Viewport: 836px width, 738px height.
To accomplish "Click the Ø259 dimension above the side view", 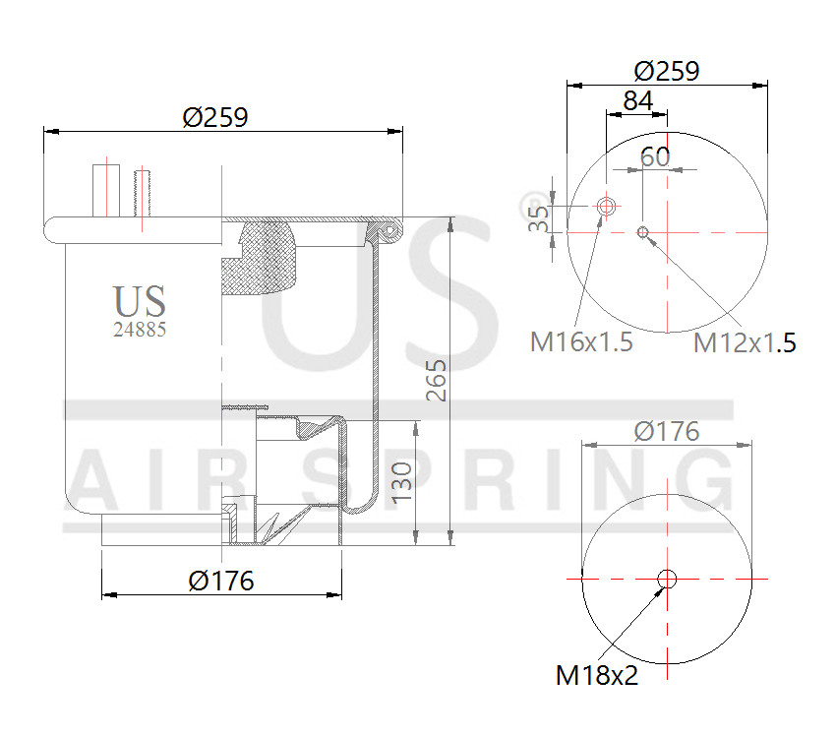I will (215, 116).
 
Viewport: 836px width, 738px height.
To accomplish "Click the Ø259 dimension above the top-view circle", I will (666, 71).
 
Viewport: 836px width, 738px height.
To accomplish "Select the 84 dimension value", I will (637, 100).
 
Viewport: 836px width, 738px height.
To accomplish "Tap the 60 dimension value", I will (655, 156).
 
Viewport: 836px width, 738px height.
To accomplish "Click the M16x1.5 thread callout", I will (581, 342).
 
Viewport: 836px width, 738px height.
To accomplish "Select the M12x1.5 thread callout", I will (744, 342).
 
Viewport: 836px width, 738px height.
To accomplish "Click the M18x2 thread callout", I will (597, 675).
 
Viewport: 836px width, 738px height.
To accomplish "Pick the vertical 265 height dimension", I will (437, 380).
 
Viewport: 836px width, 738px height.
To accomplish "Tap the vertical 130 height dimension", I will (401, 482).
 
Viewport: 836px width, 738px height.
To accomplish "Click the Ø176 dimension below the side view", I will (220, 581).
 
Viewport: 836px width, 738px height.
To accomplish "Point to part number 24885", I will (140, 331).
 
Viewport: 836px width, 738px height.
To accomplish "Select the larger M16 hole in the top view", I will (607, 207).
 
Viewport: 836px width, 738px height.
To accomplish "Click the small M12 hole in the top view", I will (642, 232).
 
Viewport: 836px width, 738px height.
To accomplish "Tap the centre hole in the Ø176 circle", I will (667, 579).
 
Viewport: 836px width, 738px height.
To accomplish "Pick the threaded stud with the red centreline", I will (143, 194).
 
